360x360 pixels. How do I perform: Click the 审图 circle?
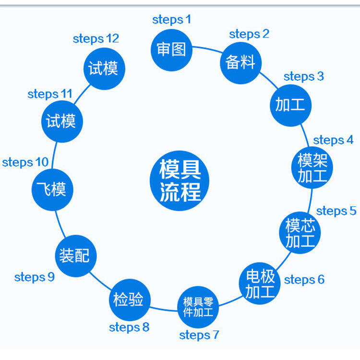tap(171, 49)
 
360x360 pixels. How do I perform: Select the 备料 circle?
tap(240, 62)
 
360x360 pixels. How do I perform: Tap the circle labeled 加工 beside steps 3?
tap(290, 105)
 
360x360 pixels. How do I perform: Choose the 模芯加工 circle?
tap(300, 233)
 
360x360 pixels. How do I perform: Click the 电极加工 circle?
tap(260, 283)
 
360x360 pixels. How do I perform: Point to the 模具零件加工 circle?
tap(198, 307)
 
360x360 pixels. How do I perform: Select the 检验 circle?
tap(128, 300)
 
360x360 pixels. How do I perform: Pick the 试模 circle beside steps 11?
tap(61, 121)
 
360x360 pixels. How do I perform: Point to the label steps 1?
tap(171, 20)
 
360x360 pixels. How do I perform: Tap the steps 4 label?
tap(333, 140)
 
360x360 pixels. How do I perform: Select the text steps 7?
tap(199, 335)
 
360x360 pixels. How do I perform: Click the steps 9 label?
tap(35, 277)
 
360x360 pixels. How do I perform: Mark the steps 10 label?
tap(25, 162)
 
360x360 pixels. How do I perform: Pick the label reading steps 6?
tap(304, 279)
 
